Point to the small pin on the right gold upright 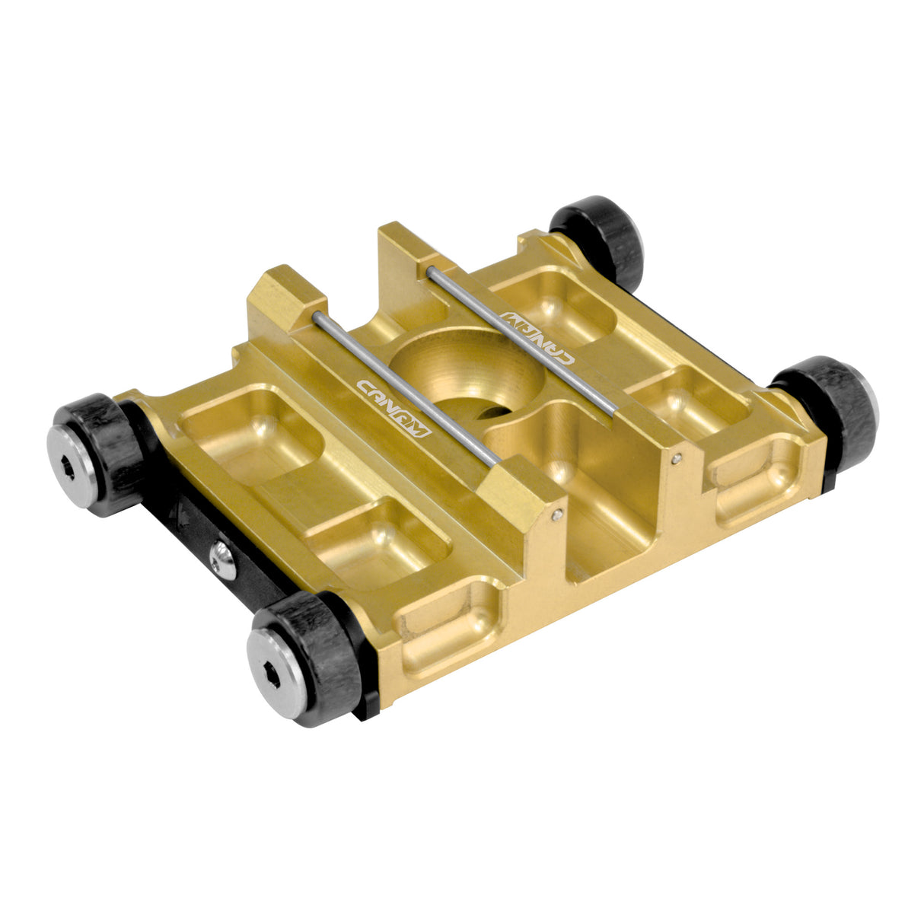pyautogui.click(x=677, y=458)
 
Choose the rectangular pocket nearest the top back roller pyautogui.click(x=552, y=304)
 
